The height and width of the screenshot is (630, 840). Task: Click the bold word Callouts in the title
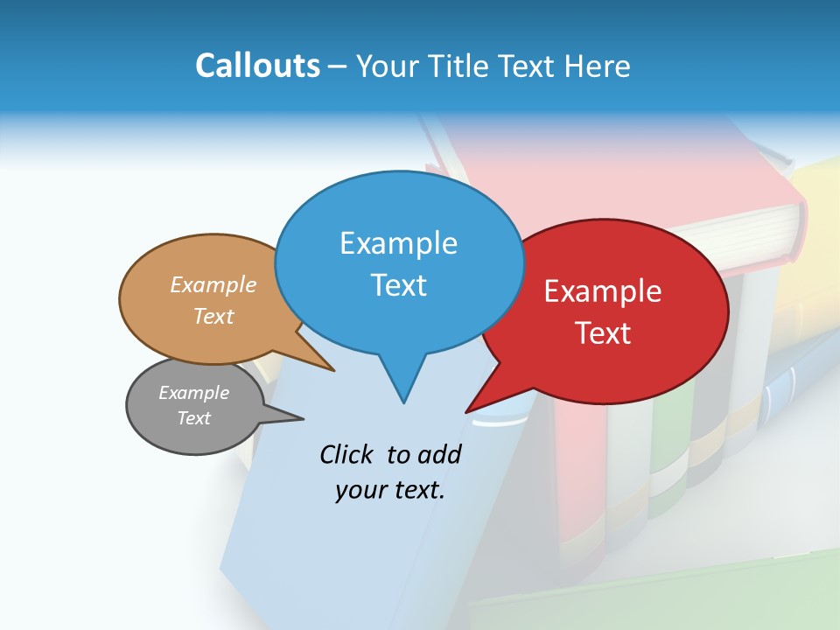(257, 66)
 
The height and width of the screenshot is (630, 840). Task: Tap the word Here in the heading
(598, 66)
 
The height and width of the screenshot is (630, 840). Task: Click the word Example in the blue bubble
(398, 243)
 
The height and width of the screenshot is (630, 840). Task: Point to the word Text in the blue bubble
(398, 285)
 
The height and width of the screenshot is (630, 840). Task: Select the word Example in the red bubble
(603, 291)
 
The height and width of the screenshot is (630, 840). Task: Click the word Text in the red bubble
(603, 333)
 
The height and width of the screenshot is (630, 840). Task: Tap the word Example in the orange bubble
(213, 285)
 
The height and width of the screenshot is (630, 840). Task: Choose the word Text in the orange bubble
(213, 316)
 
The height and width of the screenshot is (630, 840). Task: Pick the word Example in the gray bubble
(193, 393)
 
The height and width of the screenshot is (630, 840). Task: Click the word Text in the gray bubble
(193, 418)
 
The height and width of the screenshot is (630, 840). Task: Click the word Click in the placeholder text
(347, 454)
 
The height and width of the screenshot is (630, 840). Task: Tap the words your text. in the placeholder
(389, 490)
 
